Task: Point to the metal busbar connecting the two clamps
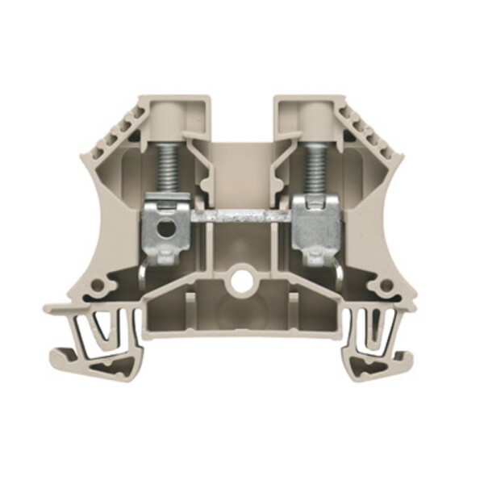pyautogui.click(x=240, y=219)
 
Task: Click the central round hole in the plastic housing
pyautogui.click(x=241, y=285)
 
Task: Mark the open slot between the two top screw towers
pyautogui.click(x=242, y=121)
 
